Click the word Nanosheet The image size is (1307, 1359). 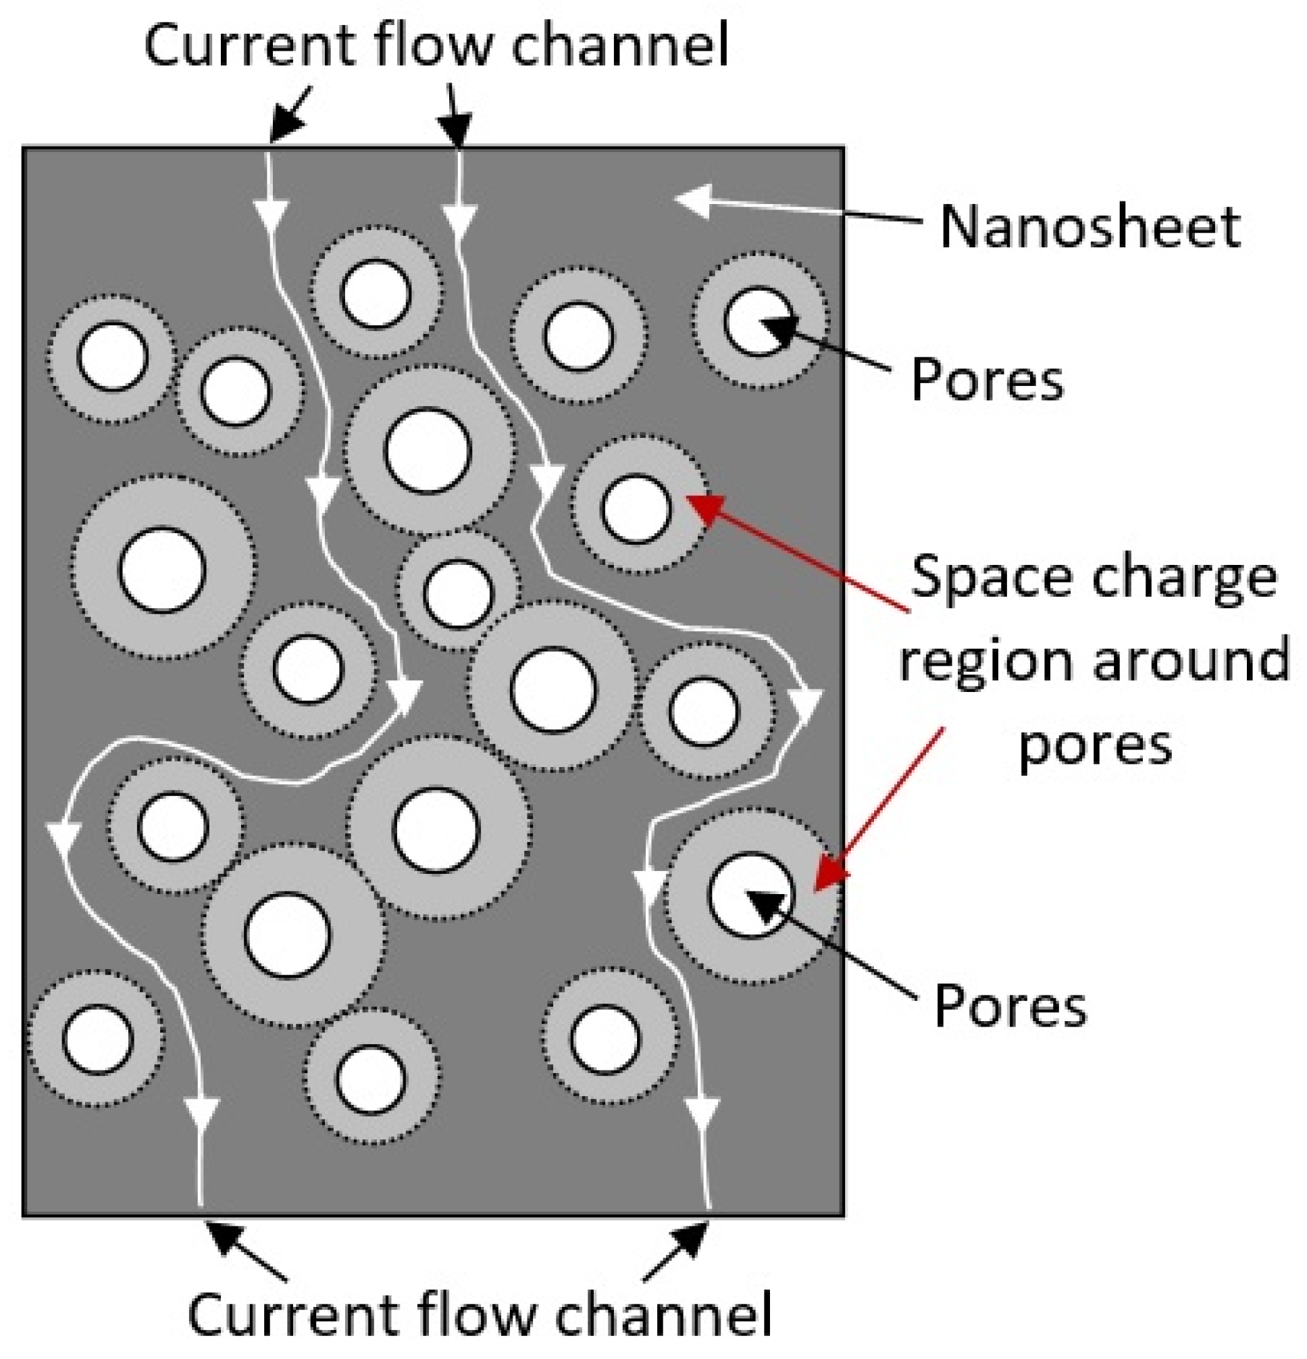[x=1089, y=227]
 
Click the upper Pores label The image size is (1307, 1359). [x=986, y=379]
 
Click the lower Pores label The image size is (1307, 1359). [x=1010, y=1007]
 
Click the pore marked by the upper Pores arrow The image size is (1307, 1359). [x=759, y=321]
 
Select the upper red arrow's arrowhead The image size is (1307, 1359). [x=704, y=508]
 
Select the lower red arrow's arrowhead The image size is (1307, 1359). [x=828, y=875]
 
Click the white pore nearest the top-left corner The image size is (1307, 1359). [x=111, y=356]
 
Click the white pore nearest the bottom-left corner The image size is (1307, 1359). [x=97, y=1039]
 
